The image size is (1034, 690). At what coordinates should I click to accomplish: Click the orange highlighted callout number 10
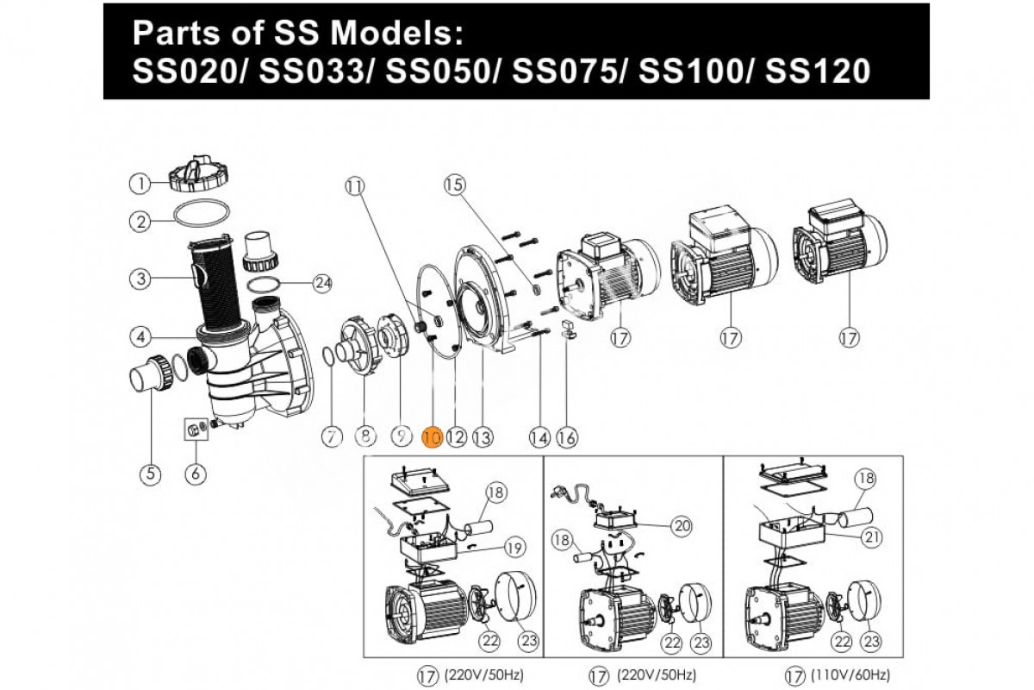[432, 438]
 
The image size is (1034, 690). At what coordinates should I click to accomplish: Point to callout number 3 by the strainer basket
[140, 279]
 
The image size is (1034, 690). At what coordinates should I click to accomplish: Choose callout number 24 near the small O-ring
[322, 282]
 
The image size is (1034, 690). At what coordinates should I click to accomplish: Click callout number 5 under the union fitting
[151, 473]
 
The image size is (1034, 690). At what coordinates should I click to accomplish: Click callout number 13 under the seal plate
[482, 438]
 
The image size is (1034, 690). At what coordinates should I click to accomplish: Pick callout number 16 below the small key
[566, 438]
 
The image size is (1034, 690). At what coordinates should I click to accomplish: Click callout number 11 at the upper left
[355, 184]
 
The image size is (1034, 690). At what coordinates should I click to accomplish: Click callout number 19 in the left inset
[514, 548]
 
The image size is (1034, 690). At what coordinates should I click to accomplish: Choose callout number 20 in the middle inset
[682, 525]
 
